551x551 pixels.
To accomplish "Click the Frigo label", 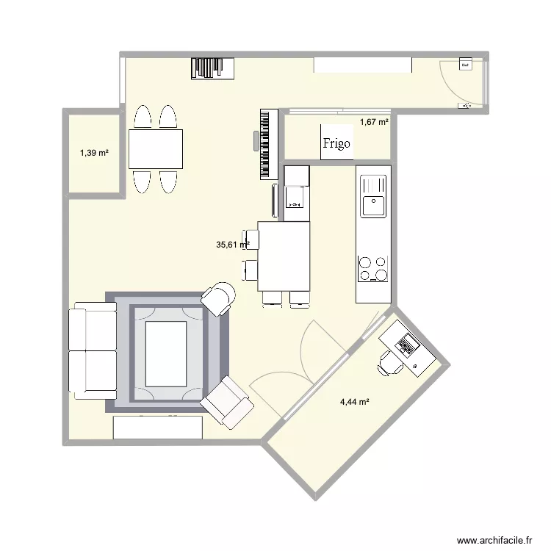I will tap(336, 143).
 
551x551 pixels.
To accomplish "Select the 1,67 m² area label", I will tap(373, 122).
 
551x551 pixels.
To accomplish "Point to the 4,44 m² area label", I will tap(354, 401).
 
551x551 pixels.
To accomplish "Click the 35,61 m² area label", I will tap(232, 245).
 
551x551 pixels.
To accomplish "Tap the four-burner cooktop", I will tap(372, 268).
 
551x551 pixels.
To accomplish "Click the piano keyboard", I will tap(269, 144).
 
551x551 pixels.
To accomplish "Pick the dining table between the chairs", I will tap(156, 149).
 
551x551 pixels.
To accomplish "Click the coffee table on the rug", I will tap(166, 353).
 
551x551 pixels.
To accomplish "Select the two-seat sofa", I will tap(93, 353).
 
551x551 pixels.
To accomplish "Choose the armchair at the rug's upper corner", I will tap(219, 298).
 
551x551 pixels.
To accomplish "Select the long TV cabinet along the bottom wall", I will tap(157, 428).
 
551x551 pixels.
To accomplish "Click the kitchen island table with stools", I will tap(284, 256).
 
